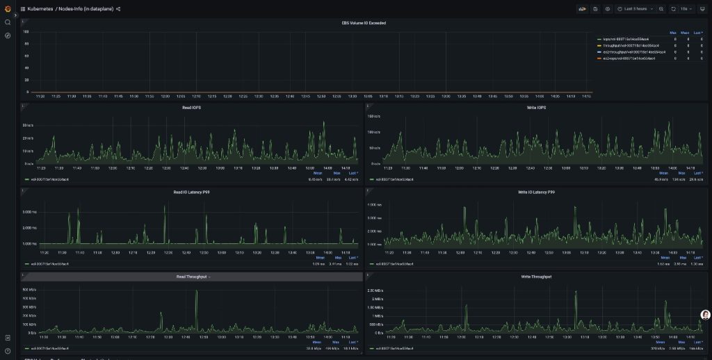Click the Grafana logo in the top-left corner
tap(8, 8)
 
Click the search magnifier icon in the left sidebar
tap(8, 22)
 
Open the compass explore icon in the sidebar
tap(8, 35)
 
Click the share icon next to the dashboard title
tap(118, 9)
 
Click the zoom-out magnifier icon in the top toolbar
tap(661, 9)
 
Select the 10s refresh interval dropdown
tap(686, 9)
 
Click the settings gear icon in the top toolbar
tap(607, 9)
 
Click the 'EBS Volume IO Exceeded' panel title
tap(364, 23)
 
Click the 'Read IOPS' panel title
tap(191, 108)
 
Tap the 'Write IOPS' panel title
tap(536, 108)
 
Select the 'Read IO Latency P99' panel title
tap(191, 192)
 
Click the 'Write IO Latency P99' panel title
tap(536, 192)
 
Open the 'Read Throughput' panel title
tap(192, 277)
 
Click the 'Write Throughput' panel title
tap(536, 277)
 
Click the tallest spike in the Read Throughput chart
tap(197, 292)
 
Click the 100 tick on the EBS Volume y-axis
tap(26, 32)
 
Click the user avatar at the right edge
tap(705, 315)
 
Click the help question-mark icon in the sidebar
tap(8, 351)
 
